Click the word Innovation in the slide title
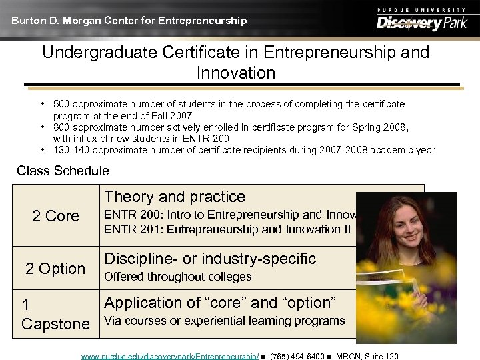pyautogui.click(x=236, y=73)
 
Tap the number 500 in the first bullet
pyautogui.click(x=62, y=104)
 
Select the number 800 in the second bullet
pyautogui.click(x=62, y=127)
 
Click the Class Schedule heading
pyautogui.click(x=63, y=171)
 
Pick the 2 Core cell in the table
pyautogui.click(x=55, y=216)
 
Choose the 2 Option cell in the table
pyautogui.click(x=55, y=269)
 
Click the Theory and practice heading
pyautogui.click(x=175, y=197)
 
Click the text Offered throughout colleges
pyautogui.click(x=177, y=277)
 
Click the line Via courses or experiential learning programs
pyautogui.click(x=225, y=321)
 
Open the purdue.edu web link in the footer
pyautogui.click(x=170, y=356)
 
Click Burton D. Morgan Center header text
pyautogui.click(x=129, y=21)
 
